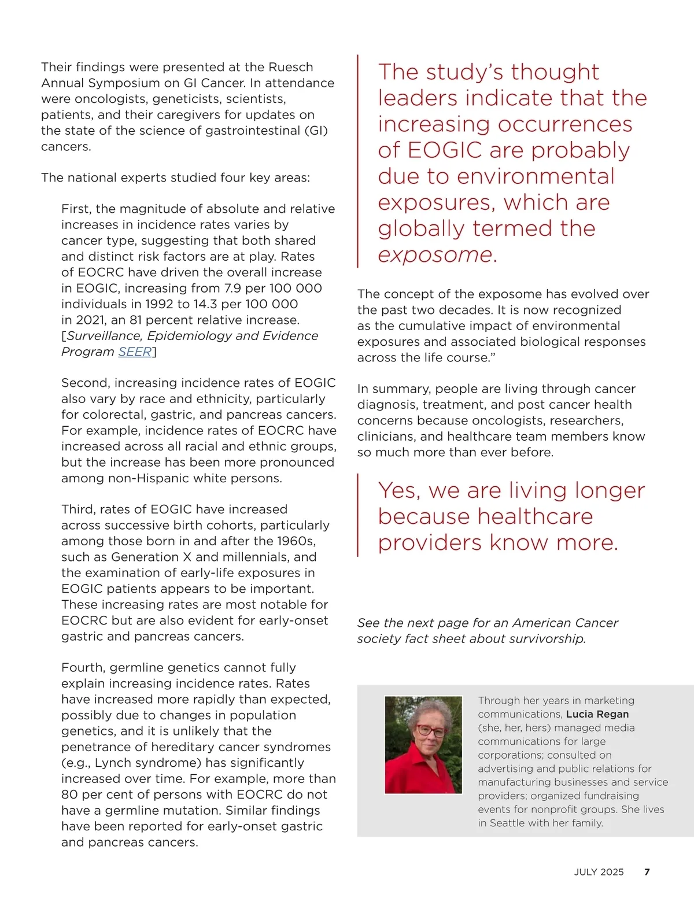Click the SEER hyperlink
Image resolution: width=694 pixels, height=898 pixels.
(135, 352)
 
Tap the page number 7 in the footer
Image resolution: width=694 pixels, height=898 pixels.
(647, 872)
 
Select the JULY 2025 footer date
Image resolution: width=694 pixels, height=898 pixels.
(599, 872)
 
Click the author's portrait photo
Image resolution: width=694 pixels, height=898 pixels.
(423, 745)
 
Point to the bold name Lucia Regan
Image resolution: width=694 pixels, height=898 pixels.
(597, 714)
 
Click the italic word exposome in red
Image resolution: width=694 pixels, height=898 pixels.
(434, 254)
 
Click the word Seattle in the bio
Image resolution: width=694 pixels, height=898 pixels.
(511, 823)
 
